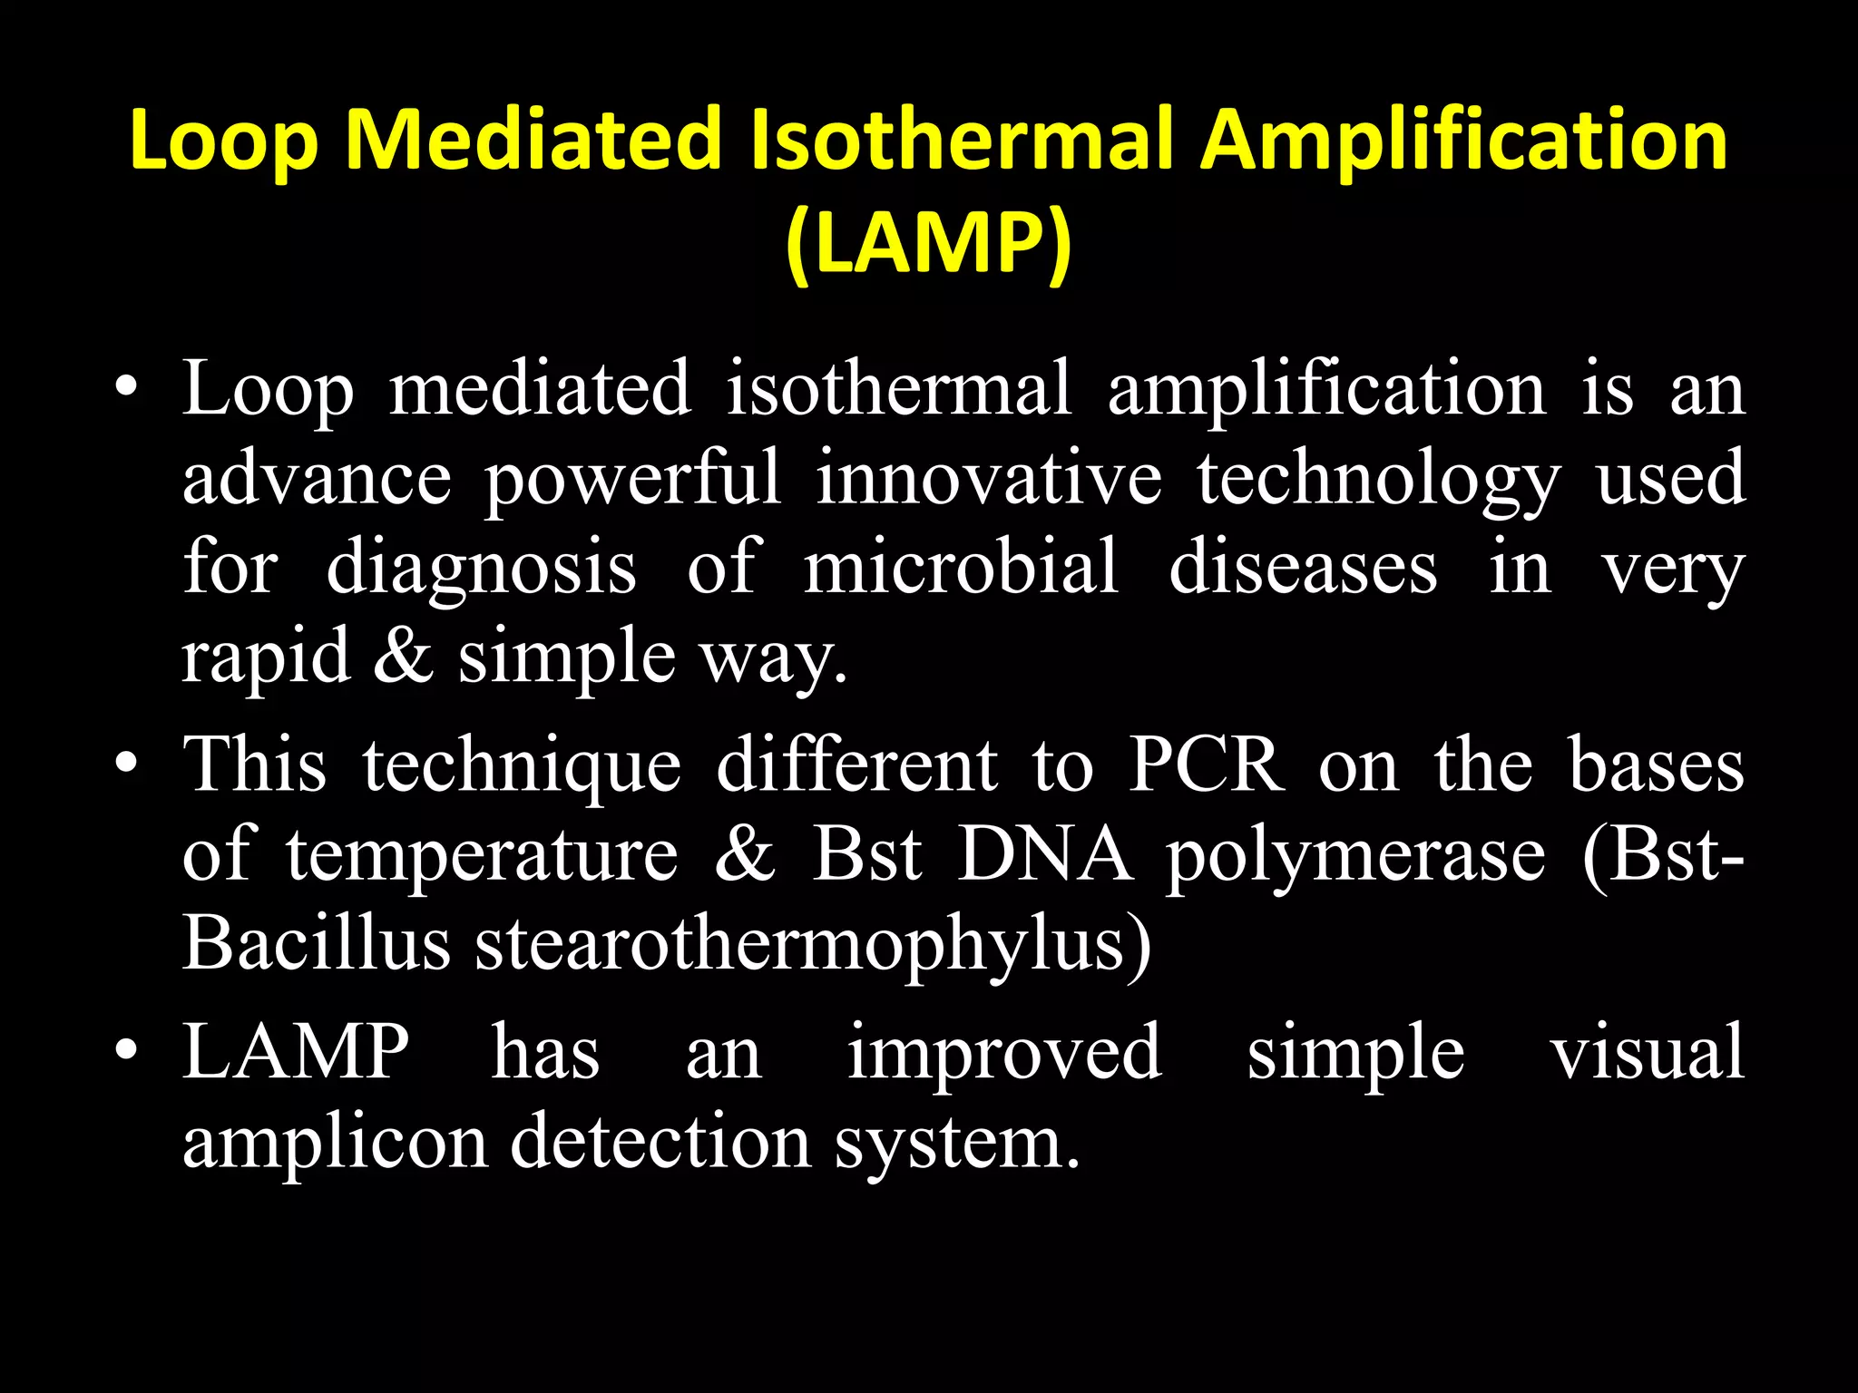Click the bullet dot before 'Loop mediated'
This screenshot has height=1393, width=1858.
[x=126, y=391]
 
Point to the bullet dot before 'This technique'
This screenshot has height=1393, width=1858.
[x=126, y=767]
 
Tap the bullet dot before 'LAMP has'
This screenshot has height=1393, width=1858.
[x=126, y=1052]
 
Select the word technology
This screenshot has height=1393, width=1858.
[x=1378, y=481]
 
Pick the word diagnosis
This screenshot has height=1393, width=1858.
[x=481, y=570]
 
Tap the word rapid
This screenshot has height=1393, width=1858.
[x=266, y=658]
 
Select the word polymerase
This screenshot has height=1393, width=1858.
[x=1355, y=857]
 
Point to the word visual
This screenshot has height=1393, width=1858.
[x=1647, y=1052]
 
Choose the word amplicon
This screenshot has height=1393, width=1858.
[x=336, y=1143]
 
